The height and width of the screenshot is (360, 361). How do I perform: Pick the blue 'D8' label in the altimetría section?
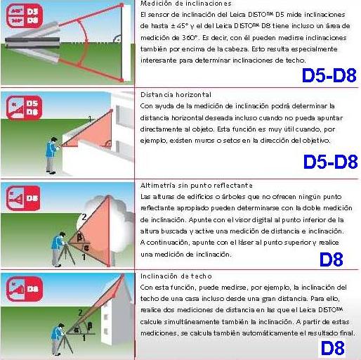coord(331,259)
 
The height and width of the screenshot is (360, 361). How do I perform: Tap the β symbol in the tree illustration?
coord(80,238)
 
